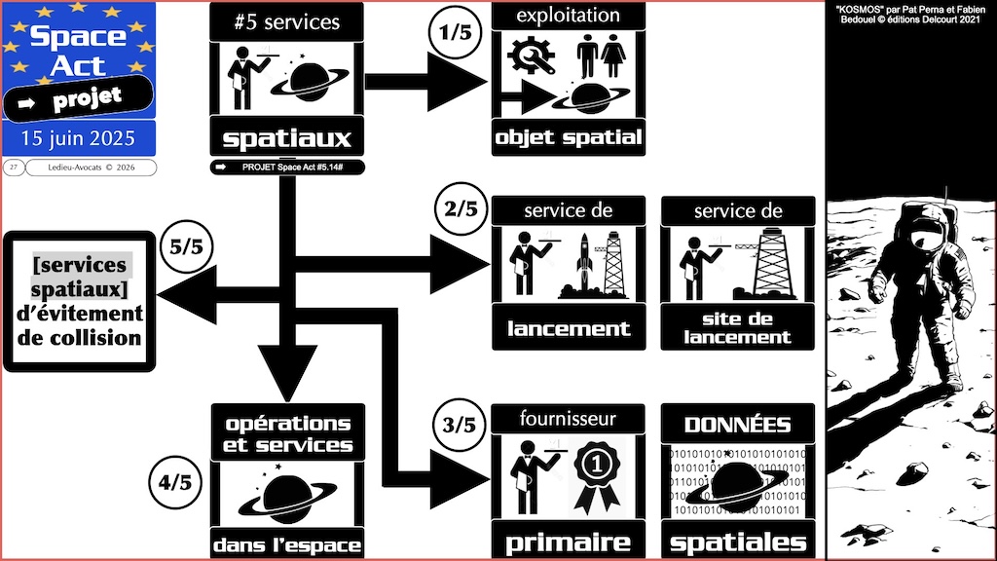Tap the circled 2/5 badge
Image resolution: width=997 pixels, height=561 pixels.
457,210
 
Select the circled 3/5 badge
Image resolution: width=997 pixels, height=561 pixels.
457,425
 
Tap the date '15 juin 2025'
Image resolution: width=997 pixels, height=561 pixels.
78,134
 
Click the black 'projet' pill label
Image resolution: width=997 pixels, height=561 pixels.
78,96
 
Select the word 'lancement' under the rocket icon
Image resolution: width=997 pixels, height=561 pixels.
569,327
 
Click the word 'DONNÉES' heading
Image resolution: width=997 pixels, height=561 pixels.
737,425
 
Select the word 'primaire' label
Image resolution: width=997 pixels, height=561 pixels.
569,542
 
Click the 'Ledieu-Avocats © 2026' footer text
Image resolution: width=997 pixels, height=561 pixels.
91,168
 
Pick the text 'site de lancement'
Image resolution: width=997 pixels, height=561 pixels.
737,327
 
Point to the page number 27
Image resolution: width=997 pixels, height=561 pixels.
14,168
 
